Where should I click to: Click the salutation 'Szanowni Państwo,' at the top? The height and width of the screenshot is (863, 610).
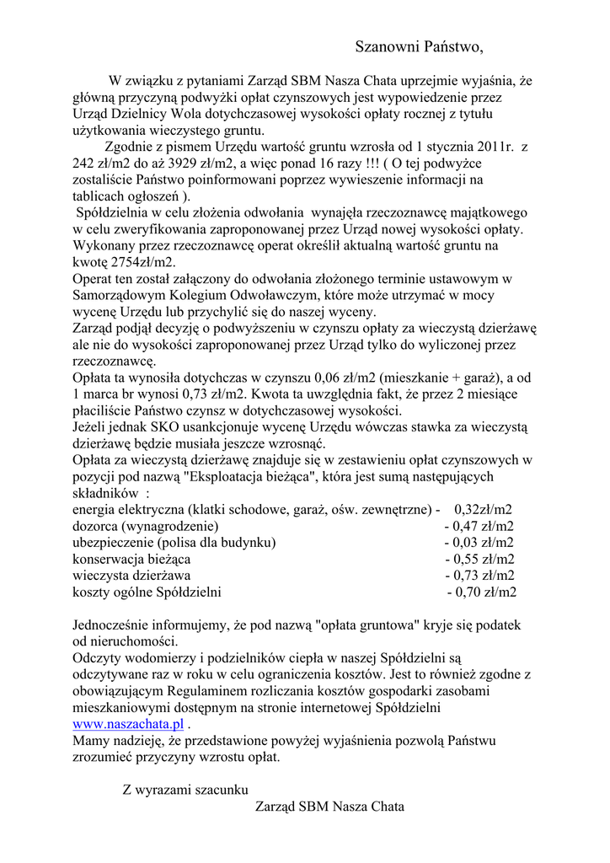(x=419, y=46)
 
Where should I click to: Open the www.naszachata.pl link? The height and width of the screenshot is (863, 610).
(x=128, y=723)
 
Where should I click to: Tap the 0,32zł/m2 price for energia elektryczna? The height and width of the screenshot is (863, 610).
(x=484, y=510)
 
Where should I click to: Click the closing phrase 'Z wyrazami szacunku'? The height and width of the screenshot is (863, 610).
(x=185, y=790)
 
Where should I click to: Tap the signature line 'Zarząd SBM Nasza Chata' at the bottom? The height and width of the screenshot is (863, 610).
(x=329, y=807)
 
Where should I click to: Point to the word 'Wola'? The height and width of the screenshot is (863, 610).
(x=178, y=115)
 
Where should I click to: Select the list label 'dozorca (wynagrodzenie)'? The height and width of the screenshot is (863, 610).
(x=144, y=527)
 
